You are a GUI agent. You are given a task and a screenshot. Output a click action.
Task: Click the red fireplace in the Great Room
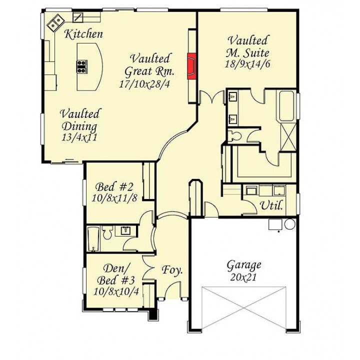(191, 66)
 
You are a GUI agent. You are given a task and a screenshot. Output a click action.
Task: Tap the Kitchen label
(83, 34)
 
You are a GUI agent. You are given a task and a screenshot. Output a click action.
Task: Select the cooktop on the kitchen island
(82, 66)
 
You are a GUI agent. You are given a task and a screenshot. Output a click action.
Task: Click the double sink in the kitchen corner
(55, 22)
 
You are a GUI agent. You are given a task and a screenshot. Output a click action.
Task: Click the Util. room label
(271, 205)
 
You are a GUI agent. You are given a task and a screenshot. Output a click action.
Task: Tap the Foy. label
(172, 270)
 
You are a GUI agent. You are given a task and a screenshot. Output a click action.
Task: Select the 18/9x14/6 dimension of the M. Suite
(247, 64)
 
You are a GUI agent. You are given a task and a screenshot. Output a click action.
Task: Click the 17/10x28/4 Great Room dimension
(144, 84)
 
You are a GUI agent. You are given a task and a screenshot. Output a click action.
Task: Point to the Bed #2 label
(114, 187)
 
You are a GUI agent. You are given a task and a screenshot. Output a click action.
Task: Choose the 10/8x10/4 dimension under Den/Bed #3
(116, 291)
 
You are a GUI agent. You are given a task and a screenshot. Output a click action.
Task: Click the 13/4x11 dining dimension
(79, 137)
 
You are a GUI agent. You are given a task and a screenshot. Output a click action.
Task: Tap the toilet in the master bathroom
(235, 136)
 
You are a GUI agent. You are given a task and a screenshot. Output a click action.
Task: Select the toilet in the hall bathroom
(107, 232)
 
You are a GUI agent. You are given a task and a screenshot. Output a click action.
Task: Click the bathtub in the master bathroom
(287, 106)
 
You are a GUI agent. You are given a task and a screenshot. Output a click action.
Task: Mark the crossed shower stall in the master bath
(288, 137)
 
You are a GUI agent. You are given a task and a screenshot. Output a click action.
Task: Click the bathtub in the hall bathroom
(93, 239)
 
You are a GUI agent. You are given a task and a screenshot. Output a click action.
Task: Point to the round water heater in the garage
(290, 224)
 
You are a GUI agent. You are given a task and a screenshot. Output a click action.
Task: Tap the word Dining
(79, 126)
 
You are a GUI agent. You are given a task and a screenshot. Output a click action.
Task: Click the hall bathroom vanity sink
(125, 230)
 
